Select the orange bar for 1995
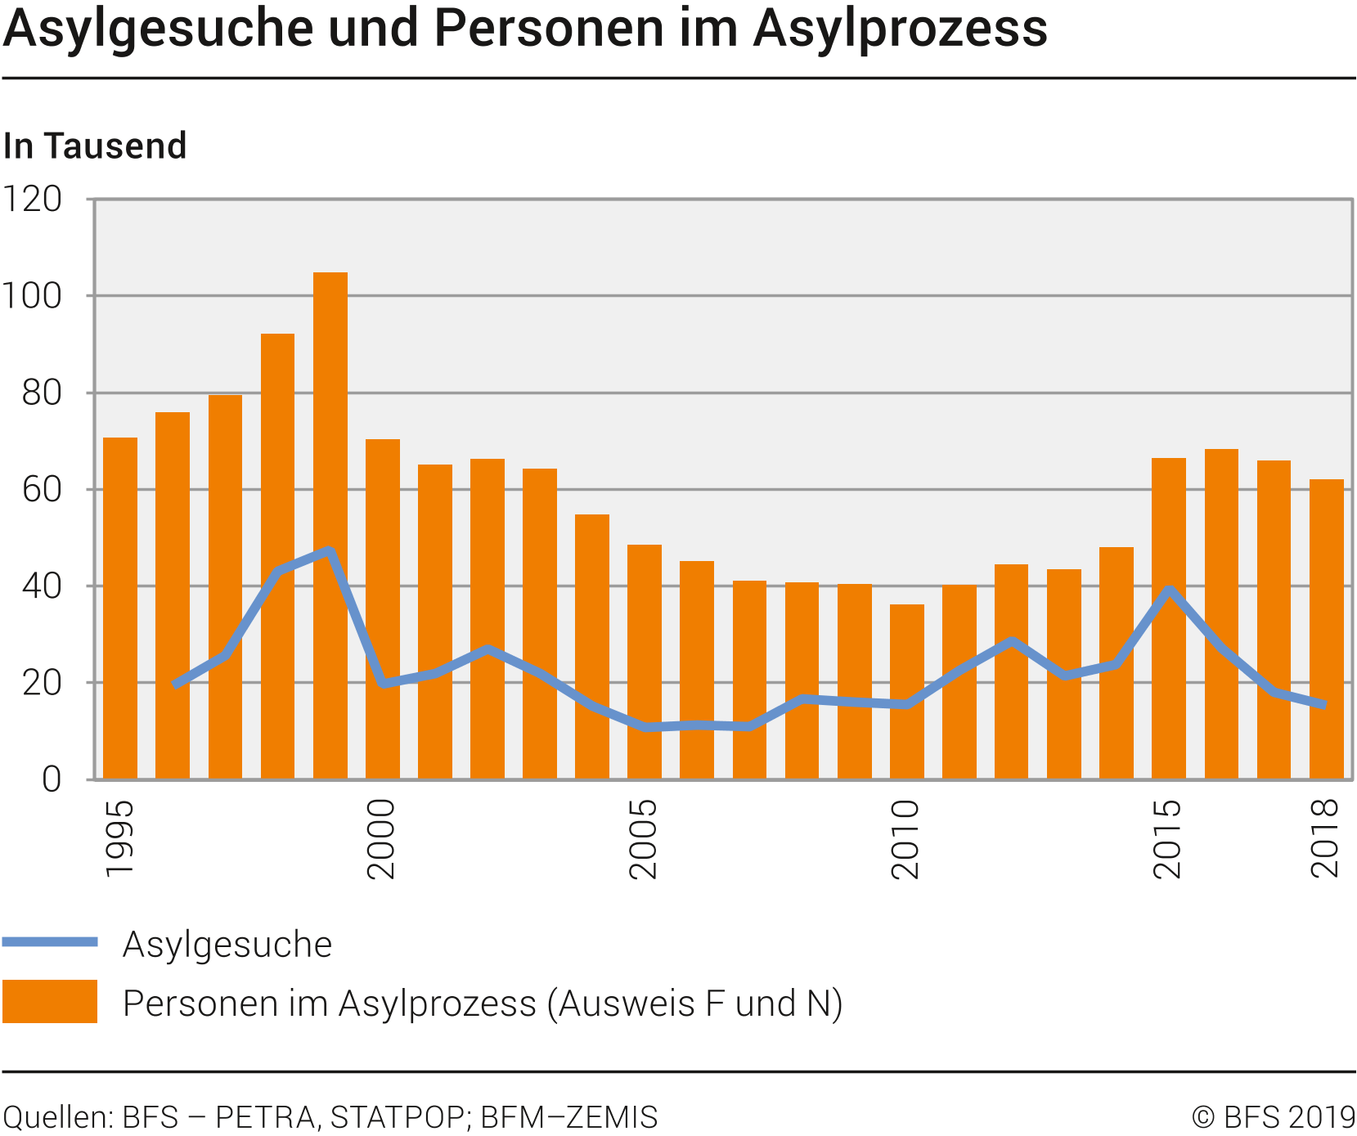pyautogui.click(x=120, y=608)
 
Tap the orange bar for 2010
pyautogui.click(x=907, y=692)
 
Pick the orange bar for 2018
pyautogui.click(x=1326, y=629)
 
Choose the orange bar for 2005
pyautogui.click(x=645, y=662)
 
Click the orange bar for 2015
pyautogui.click(x=1169, y=618)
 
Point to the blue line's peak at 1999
pyautogui.click(x=330, y=551)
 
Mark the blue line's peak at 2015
pyautogui.click(x=1170, y=590)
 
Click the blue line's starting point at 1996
pyautogui.click(x=174, y=685)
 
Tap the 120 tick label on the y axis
pyautogui.click(x=33, y=200)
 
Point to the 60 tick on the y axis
pyautogui.click(x=42, y=490)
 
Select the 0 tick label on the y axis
pyautogui.click(x=52, y=780)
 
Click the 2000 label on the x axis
pyautogui.click(x=381, y=839)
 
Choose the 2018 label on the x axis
pyautogui.click(x=1325, y=839)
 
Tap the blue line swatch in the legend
pyautogui.click(x=50, y=943)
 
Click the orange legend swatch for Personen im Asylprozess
pyautogui.click(x=50, y=1002)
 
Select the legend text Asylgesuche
pyautogui.click(x=227, y=945)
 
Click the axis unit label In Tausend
pyautogui.click(x=95, y=146)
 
